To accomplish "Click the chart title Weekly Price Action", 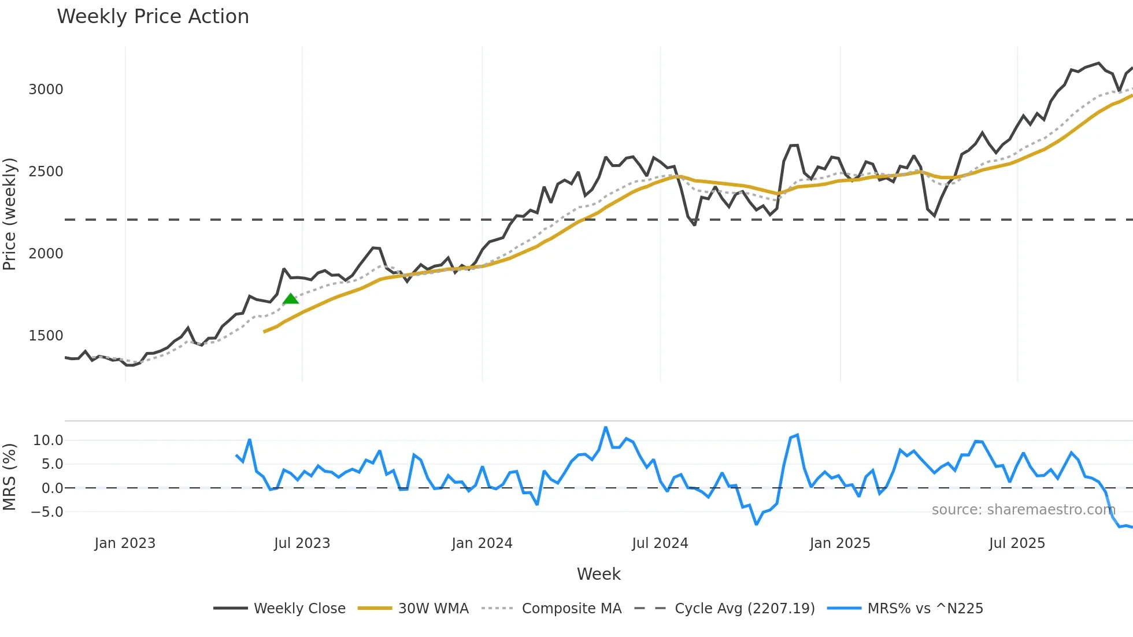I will [x=153, y=17].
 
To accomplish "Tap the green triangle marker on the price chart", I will [x=291, y=299].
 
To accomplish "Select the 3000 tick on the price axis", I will [x=46, y=90].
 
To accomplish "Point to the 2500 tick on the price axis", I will [x=46, y=172].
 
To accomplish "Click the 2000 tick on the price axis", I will [x=46, y=254].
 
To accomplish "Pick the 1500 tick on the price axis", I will [x=46, y=336].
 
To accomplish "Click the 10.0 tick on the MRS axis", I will [x=48, y=440].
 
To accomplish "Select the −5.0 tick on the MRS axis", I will [x=47, y=512].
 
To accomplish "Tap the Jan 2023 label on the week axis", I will [x=125, y=543].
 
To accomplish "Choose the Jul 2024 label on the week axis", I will [x=660, y=543].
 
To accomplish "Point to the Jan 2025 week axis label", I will [x=840, y=543].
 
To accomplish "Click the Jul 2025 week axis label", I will [x=1017, y=543].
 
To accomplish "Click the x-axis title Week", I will [x=598, y=575].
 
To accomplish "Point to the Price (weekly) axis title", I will [x=10, y=214].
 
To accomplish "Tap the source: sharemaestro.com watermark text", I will [x=1023, y=510].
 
